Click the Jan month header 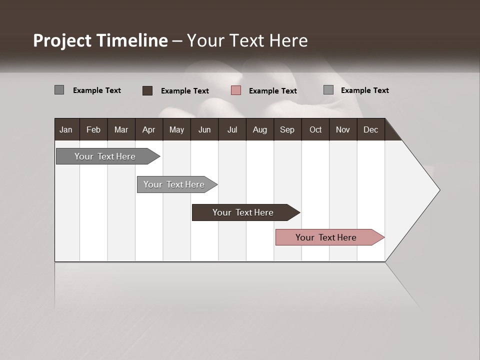coord(66,130)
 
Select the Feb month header coord(93,130)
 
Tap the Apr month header coord(148,130)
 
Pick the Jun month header coord(204,130)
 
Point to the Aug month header coord(259,130)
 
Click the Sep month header coord(287,130)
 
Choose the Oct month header coord(315,130)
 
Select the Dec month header coord(370,130)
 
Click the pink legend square coord(236,90)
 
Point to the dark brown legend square coord(147,90)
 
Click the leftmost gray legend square coord(59,90)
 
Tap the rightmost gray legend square coord(328,90)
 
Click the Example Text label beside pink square coord(272,91)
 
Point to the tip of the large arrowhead coord(439,190)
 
